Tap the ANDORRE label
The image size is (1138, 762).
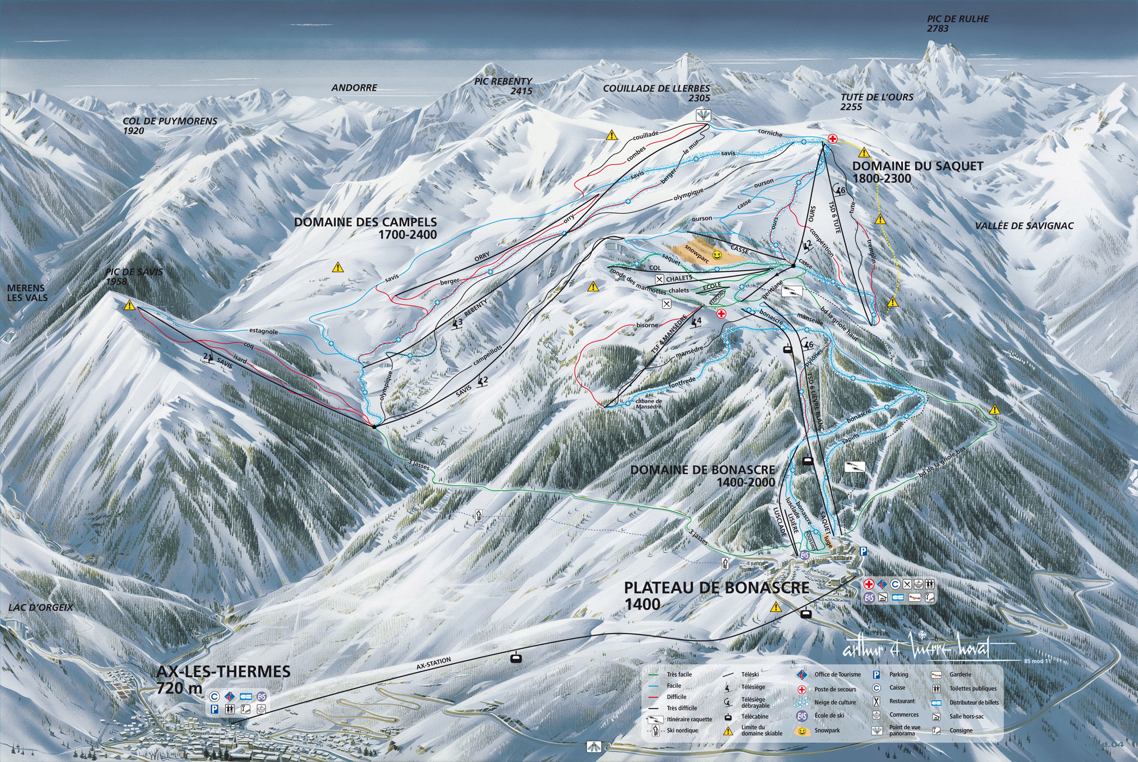coord(354,88)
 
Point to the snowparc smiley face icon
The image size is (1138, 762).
coord(718,255)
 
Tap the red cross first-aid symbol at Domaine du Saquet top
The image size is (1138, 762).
coord(832,138)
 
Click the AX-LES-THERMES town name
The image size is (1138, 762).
coord(223,672)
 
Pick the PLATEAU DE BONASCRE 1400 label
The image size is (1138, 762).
coord(716,595)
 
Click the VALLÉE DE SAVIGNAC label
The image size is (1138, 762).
coord(1024,226)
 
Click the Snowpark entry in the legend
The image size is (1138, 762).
coord(827,730)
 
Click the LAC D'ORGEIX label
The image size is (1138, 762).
coord(40,607)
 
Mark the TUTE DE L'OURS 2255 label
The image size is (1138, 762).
coord(876,102)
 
